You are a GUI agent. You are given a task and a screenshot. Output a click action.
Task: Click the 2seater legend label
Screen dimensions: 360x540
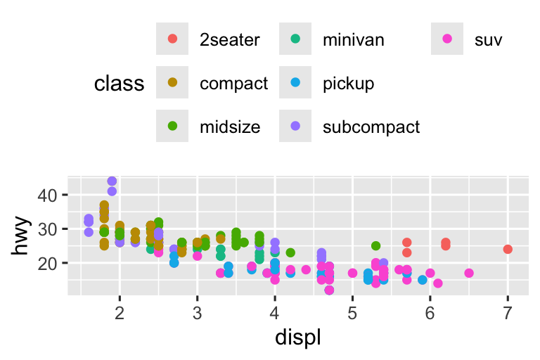coord(229,40)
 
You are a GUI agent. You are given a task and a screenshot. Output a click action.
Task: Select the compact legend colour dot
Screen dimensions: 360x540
coord(173,84)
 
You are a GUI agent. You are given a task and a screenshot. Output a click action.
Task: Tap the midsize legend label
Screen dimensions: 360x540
coord(230,127)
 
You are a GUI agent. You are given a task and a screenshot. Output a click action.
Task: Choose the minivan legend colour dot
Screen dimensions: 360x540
coord(296,40)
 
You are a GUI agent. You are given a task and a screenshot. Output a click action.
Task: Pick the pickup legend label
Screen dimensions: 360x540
coord(348,84)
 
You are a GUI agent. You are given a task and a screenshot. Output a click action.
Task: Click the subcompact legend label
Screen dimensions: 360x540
coord(371,127)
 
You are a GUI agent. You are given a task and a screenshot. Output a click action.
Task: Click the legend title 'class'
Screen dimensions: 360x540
coord(119,84)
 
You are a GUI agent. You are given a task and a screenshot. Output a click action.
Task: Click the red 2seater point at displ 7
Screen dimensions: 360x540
coord(508,249)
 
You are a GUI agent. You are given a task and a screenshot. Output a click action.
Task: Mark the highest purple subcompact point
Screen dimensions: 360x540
coord(112,181)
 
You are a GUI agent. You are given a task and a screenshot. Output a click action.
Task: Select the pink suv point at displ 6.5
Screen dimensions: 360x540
coord(469,273)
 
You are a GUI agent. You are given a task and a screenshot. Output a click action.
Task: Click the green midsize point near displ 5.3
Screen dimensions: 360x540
coord(375,246)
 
